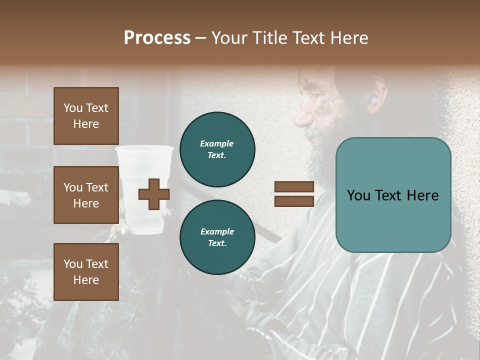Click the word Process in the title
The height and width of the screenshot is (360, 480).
click(x=157, y=38)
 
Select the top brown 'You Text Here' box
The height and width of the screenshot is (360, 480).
click(x=86, y=116)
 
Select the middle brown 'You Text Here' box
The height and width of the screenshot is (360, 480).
click(x=86, y=195)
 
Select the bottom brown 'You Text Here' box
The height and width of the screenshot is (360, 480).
click(x=86, y=272)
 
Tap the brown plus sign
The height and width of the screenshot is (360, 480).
click(x=153, y=194)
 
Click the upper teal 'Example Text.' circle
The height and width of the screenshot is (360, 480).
click(x=217, y=149)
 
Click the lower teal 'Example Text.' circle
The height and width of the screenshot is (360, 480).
click(x=217, y=237)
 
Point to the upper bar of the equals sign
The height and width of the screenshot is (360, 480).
click(x=294, y=187)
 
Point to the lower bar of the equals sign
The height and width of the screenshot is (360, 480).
click(x=294, y=201)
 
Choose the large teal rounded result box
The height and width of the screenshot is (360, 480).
click(x=393, y=195)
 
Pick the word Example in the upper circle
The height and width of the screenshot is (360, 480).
click(x=216, y=143)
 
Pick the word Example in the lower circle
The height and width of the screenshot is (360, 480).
click(x=217, y=231)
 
